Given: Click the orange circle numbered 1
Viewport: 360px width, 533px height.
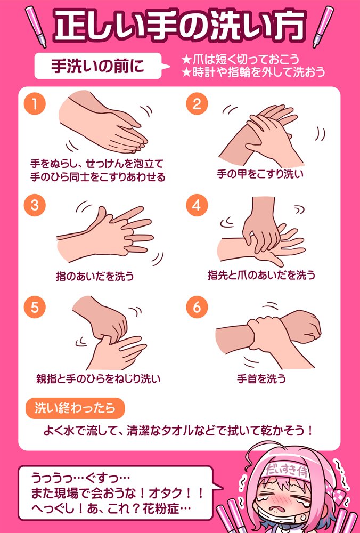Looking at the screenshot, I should [35, 104].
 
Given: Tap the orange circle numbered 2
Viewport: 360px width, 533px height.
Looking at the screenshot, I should [197, 104].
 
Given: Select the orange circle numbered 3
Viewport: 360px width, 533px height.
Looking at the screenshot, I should [35, 206].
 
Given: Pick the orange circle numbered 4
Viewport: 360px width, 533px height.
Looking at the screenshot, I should [197, 206].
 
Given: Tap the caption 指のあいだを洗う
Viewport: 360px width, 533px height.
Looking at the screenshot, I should [95, 276].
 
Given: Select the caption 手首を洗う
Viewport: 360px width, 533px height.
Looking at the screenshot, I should [261, 379].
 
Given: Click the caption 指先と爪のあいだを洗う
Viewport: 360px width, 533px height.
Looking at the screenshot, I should [261, 276].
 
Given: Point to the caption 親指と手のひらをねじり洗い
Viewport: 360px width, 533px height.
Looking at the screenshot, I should [98, 379].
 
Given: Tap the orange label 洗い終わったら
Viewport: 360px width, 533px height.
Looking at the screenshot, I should [75, 408].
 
